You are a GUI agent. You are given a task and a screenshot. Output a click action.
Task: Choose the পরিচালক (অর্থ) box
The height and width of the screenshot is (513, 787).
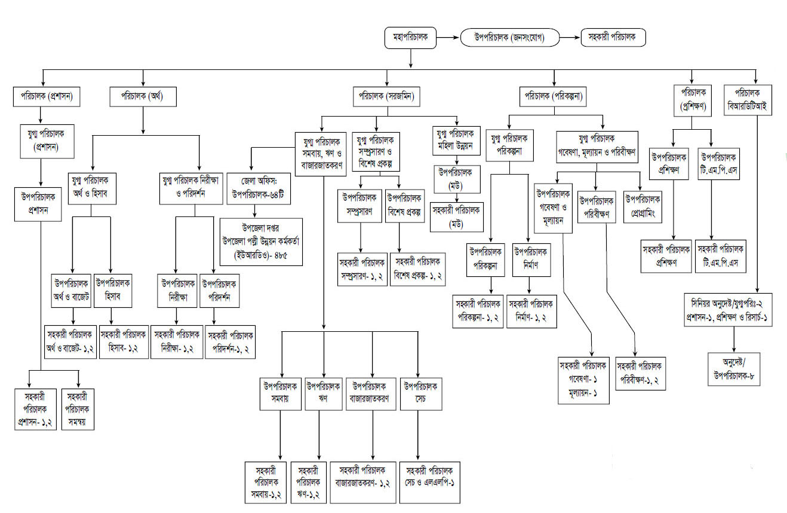[x=143, y=96]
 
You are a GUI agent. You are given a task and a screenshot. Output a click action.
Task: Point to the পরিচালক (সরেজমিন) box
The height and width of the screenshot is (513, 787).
[x=386, y=96]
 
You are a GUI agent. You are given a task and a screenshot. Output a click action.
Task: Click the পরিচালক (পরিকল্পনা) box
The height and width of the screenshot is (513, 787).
[x=554, y=96]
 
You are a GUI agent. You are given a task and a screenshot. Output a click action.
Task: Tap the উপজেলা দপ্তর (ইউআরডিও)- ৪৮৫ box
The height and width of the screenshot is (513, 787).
[x=262, y=242]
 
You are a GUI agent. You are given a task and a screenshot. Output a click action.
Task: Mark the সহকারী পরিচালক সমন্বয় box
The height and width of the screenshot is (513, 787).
[x=78, y=409]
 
